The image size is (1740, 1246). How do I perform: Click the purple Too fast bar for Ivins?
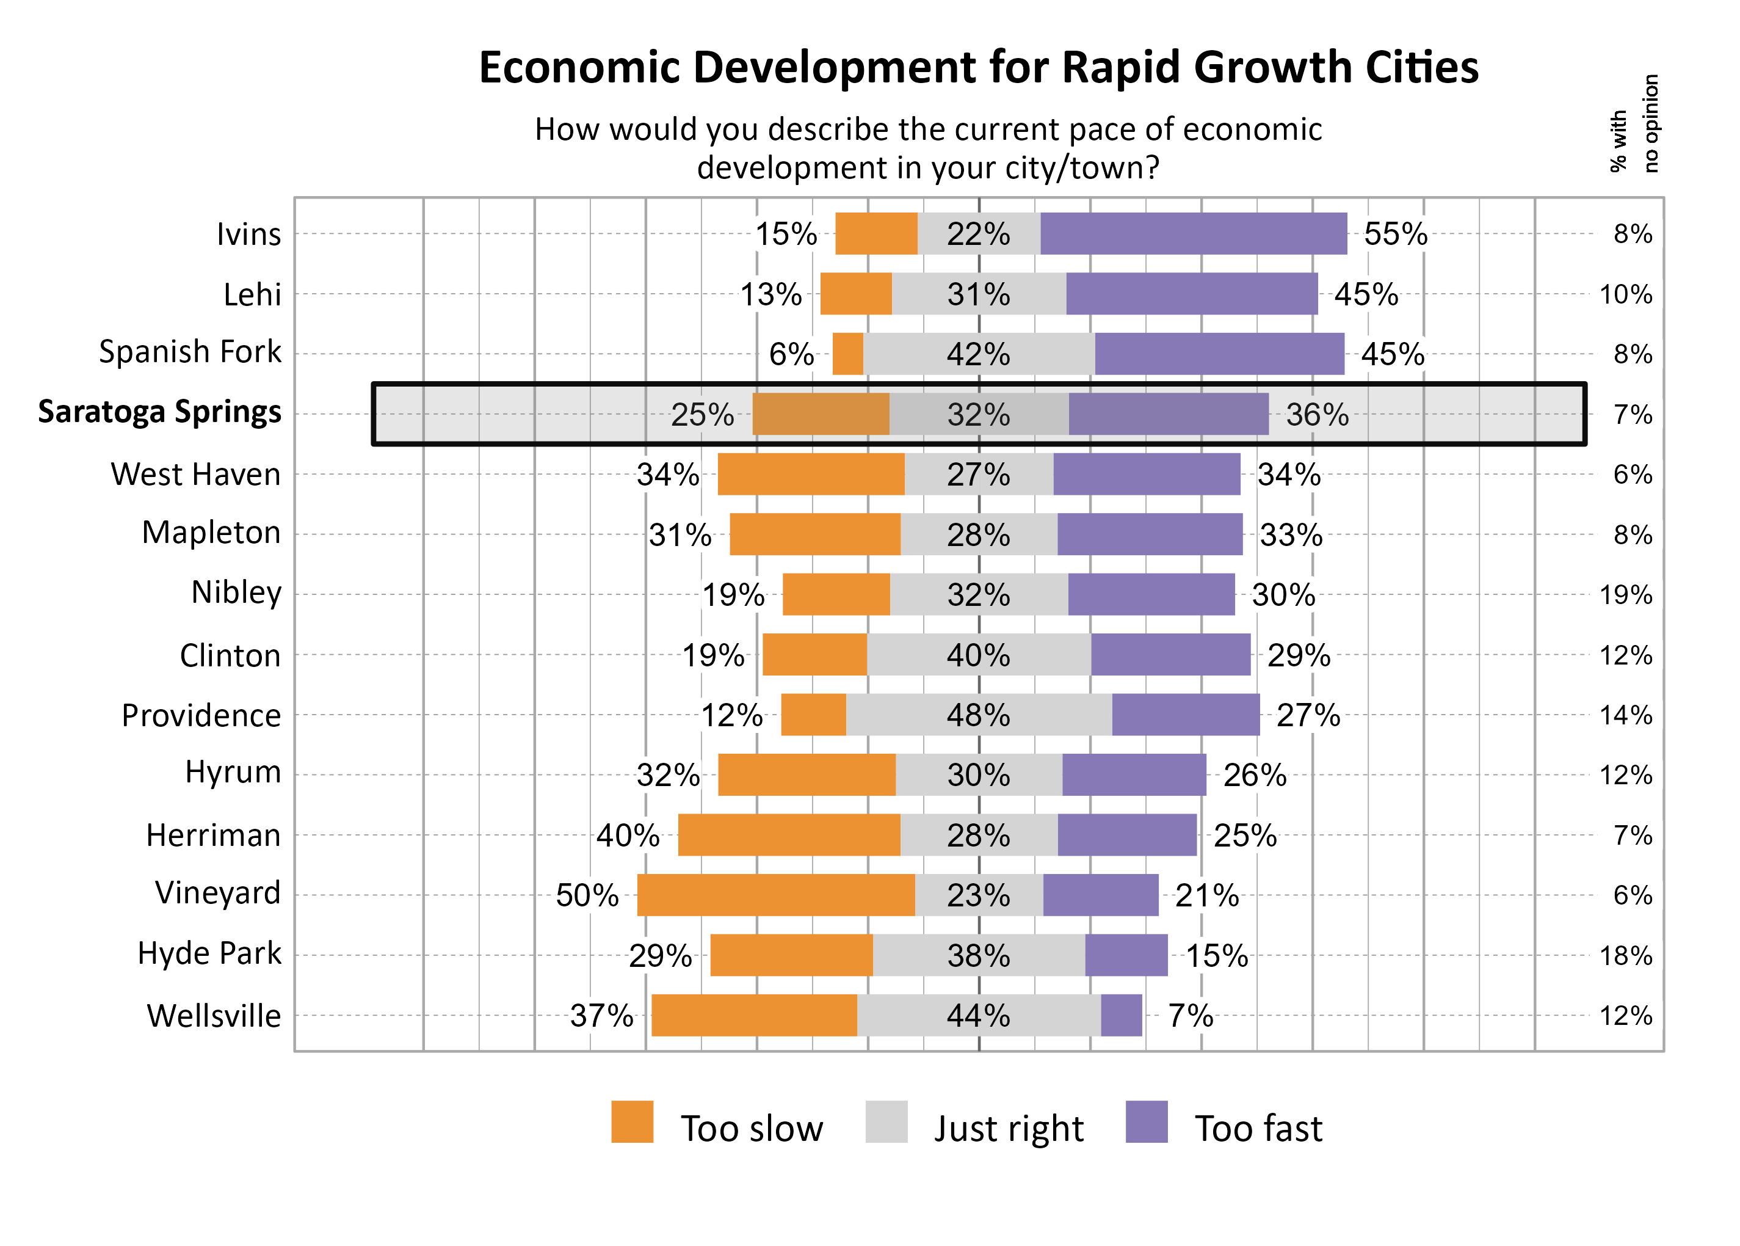click(1192, 233)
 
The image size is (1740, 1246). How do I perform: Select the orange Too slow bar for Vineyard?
click(775, 895)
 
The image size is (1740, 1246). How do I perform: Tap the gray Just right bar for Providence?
click(979, 714)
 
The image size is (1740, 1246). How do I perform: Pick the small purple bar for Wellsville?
click(1121, 1015)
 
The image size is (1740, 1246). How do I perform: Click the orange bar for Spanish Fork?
click(847, 354)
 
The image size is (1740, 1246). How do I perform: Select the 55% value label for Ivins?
click(1395, 234)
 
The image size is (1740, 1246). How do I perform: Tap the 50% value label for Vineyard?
click(587, 895)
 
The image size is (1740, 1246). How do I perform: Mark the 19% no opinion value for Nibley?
click(1626, 595)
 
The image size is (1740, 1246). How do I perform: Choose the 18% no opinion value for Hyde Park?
click(1626, 955)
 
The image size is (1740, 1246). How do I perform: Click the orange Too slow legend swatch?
click(632, 1122)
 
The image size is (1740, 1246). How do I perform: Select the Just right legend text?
click(1009, 1129)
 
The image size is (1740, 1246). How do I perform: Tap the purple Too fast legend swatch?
click(1147, 1122)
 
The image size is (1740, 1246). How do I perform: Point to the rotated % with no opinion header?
click(1634, 123)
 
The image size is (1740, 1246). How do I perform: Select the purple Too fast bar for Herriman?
click(1126, 835)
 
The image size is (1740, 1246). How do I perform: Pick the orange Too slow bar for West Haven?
click(811, 474)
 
